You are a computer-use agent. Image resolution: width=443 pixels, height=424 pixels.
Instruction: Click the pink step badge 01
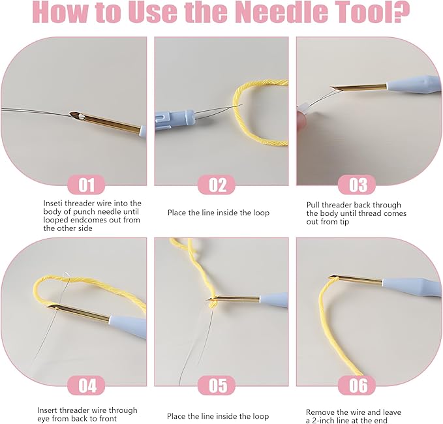[86, 185]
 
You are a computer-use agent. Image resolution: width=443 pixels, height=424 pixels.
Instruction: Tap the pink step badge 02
[217, 185]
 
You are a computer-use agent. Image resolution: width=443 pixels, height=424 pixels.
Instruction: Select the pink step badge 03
[358, 185]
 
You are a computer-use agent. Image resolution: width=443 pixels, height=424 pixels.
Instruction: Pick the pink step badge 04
[86, 385]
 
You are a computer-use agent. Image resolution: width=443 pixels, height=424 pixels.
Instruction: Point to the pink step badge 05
[217, 385]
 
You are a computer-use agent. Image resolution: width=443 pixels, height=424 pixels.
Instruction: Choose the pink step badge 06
[358, 385]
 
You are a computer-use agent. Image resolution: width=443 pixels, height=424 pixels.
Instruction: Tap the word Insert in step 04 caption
[48, 410]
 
